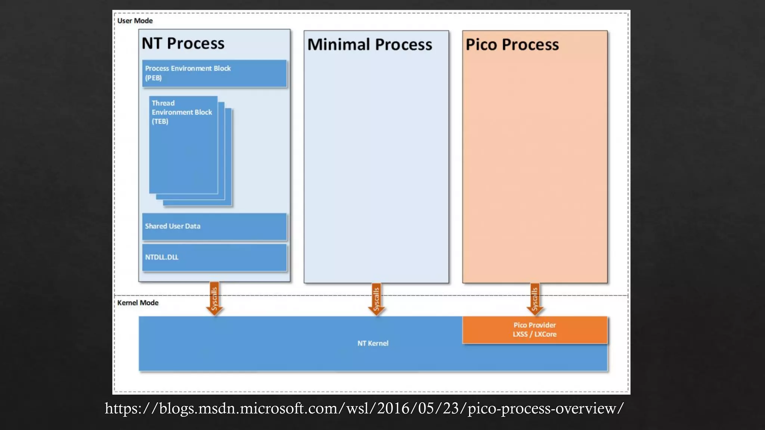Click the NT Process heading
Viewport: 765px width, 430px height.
tap(183, 44)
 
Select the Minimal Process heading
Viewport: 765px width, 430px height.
tap(369, 45)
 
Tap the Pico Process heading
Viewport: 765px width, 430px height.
tap(512, 45)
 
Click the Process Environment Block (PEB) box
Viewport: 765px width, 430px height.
tap(214, 74)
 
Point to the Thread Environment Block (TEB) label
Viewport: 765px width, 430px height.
tap(182, 112)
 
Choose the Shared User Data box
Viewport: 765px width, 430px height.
tap(214, 227)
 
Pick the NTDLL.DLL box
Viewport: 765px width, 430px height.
tap(214, 258)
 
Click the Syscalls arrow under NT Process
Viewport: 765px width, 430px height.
tap(214, 299)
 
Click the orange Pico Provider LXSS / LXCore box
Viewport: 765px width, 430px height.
tap(535, 330)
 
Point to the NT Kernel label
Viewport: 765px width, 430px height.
tap(373, 343)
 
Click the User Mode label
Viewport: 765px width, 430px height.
tap(135, 21)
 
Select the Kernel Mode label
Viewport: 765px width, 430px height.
tap(138, 303)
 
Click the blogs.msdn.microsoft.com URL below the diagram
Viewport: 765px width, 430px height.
tap(364, 408)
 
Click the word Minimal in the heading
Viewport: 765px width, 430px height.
tap(339, 45)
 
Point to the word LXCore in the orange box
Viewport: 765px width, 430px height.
tap(545, 334)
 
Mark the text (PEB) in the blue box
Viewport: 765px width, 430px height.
tap(154, 78)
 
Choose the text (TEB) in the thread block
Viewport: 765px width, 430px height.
tap(160, 121)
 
